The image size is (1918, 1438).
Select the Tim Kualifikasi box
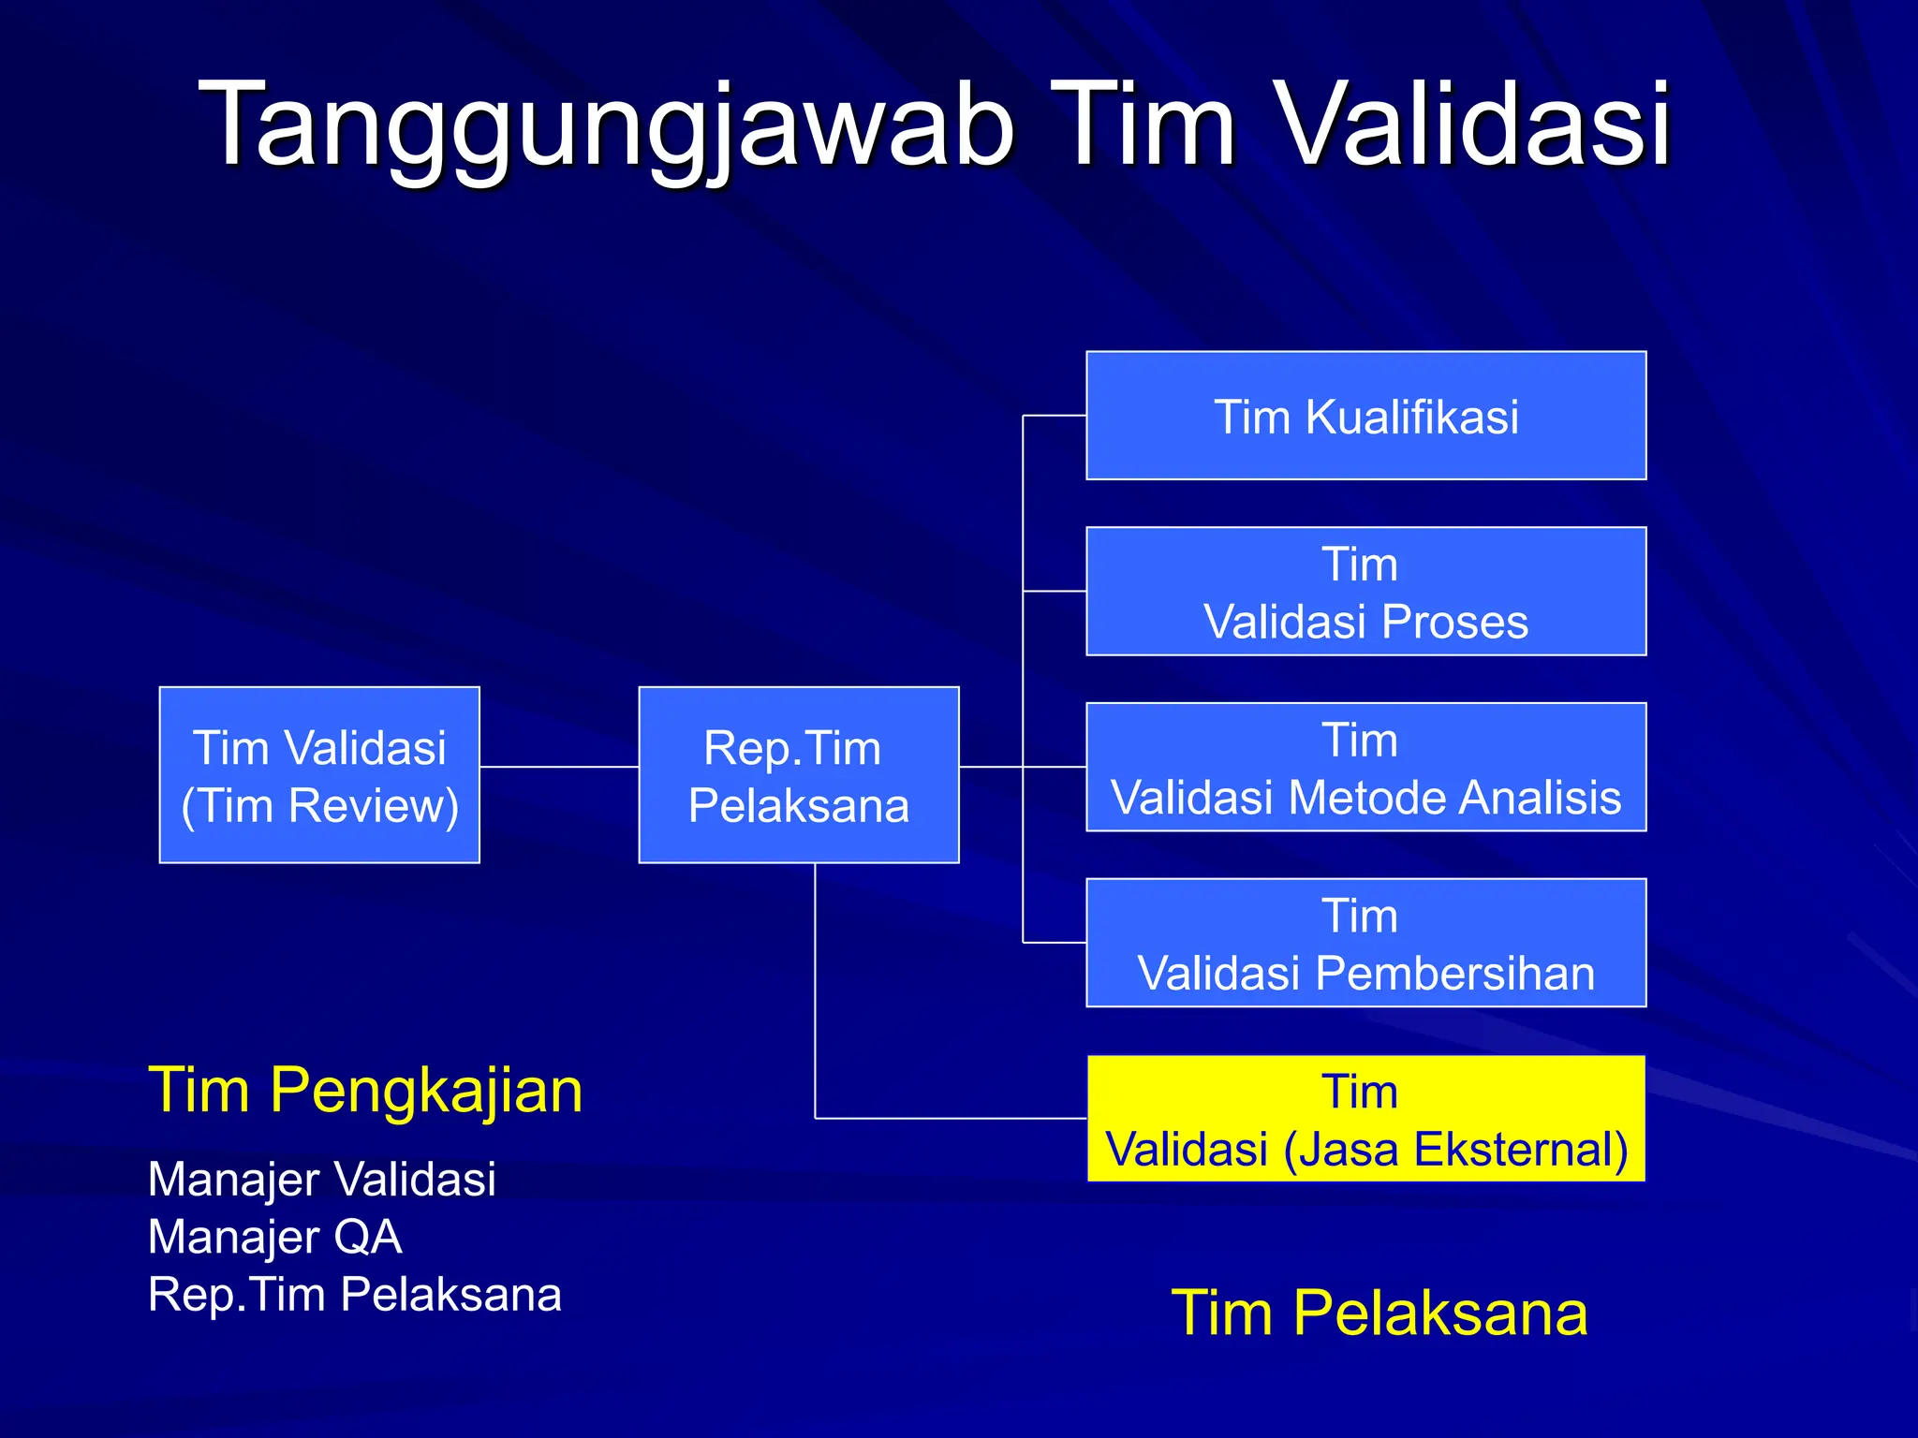click(x=1365, y=416)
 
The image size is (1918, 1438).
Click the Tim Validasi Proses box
click(x=1365, y=592)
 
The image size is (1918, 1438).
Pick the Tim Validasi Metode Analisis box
click(x=1365, y=767)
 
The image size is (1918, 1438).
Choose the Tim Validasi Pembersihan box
click(x=1365, y=943)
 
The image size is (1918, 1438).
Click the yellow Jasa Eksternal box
click(x=1365, y=1119)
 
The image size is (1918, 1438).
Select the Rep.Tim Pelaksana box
click(x=799, y=775)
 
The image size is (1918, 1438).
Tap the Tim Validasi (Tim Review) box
click(x=319, y=775)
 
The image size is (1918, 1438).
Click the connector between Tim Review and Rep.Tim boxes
click(x=559, y=767)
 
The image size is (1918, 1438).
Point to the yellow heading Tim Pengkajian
click(x=365, y=1091)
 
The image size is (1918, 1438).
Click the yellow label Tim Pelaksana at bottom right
click(x=1379, y=1313)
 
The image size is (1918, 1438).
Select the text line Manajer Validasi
click(x=321, y=1179)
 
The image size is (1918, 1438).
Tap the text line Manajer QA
click(x=274, y=1237)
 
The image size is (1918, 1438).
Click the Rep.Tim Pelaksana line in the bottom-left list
click(x=354, y=1295)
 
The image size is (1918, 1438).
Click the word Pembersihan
click(x=1454, y=974)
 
